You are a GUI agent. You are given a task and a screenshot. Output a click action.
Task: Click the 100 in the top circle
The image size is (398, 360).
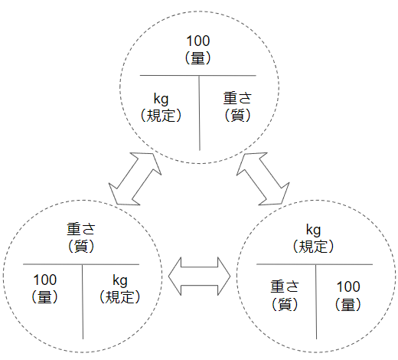pos(198,41)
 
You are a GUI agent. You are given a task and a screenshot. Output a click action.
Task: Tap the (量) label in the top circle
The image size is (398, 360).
pos(198,58)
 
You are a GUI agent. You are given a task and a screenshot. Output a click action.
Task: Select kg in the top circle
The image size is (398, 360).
pos(161,99)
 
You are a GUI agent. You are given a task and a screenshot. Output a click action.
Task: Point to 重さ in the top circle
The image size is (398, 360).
pos(237,98)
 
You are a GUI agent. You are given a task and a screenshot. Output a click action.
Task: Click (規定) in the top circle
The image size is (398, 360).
pos(161,116)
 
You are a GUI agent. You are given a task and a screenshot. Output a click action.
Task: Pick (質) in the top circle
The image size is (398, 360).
pos(237,115)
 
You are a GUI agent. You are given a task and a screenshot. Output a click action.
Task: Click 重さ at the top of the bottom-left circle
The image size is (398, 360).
pos(81,229)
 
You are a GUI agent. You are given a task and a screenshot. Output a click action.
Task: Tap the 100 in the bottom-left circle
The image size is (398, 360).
pos(45,280)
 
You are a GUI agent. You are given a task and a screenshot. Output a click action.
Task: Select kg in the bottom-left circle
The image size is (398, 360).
pos(120,280)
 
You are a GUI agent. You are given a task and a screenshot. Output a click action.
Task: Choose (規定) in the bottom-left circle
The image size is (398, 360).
pos(120,297)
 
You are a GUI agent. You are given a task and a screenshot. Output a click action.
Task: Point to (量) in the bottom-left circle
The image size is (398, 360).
pos(45,297)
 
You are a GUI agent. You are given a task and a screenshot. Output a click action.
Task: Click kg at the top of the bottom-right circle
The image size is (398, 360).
pos(313,230)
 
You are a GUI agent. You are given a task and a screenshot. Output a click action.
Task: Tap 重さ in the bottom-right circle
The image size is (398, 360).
pos(285,286)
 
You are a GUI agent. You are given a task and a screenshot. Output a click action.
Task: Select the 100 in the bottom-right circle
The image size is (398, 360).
pos(348,286)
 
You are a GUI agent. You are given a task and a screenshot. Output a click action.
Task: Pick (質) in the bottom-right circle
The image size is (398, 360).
pos(285,304)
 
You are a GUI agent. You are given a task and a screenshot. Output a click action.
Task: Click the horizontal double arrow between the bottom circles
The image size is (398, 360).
pos(199,277)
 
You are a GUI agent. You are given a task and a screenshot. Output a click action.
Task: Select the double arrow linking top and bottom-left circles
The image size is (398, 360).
pos(135,179)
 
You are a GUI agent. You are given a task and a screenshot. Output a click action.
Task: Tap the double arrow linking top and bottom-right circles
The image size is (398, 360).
pos(263,179)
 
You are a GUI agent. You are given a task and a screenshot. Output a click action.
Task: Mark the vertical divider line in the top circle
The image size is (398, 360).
pos(199,113)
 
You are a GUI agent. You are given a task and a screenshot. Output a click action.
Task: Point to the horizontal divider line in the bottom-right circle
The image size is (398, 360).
pos(315,264)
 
